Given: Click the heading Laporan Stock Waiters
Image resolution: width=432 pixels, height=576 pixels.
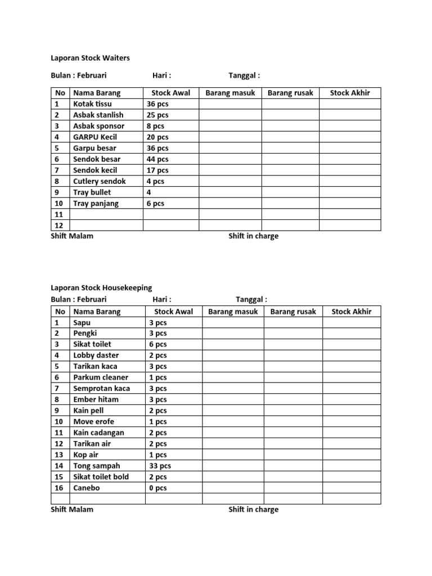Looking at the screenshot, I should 90,57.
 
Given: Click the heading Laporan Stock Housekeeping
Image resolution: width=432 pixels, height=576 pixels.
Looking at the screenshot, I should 101,288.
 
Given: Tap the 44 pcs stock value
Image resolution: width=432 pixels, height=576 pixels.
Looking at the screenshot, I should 157,159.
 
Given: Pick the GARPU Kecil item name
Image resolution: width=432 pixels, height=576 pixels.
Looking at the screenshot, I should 94,137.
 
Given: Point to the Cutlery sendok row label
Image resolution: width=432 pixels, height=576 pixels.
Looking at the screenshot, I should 99,181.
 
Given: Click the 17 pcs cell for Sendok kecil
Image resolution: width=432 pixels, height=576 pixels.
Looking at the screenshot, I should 157,170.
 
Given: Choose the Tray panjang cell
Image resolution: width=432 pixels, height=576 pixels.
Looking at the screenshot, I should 96,204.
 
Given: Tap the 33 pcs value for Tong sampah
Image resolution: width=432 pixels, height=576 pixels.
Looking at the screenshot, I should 160,466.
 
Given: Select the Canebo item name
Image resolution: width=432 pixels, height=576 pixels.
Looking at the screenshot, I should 86,488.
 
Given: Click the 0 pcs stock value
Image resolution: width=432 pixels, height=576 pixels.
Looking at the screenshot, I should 157,488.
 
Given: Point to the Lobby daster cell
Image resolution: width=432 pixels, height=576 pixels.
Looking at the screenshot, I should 96,355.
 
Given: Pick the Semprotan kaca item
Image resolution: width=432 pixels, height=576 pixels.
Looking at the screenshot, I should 101,389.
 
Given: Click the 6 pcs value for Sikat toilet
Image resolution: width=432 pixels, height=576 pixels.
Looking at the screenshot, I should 157,344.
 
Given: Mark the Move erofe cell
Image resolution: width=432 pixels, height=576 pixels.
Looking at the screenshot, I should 93,422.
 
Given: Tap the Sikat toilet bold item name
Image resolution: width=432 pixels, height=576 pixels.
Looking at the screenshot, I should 101,477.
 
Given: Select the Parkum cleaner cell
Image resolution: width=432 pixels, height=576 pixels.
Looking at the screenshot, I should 101,377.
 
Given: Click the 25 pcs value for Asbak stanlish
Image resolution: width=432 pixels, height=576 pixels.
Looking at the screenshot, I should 157,115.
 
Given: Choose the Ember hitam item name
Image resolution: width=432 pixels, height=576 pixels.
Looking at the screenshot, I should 96,400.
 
